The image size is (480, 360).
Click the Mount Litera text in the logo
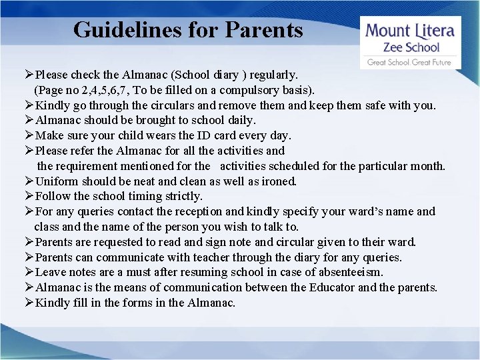[x=411, y=31]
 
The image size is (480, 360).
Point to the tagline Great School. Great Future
[x=409, y=62]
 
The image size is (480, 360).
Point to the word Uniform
[x=56, y=181]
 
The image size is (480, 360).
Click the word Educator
[x=332, y=288]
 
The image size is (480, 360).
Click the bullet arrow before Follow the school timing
[x=29, y=197]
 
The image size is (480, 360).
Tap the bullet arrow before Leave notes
[x=29, y=273]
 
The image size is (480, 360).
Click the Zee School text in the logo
[x=411, y=47]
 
